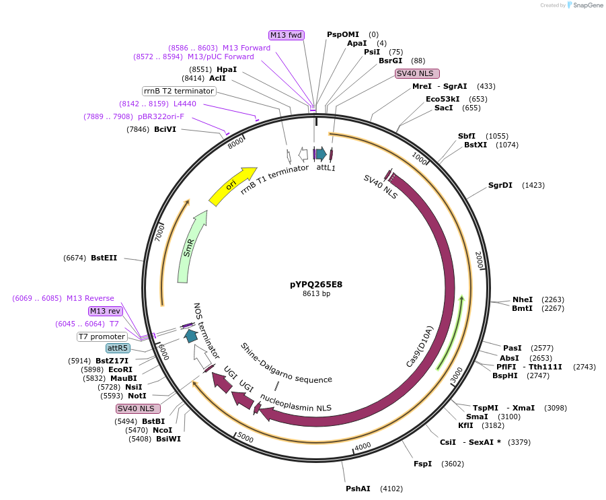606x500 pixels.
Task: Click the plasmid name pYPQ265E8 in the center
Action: pyautogui.click(x=316, y=284)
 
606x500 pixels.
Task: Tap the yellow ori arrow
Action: pyautogui.click(x=232, y=187)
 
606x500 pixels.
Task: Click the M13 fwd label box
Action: pyautogui.click(x=287, y=35)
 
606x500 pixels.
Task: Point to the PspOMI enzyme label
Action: pyautogui.click(x=343, y=34)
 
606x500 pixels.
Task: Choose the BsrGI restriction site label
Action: pyautogui.click(x=390, y=61)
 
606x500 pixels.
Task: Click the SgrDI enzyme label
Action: pyautogui.click(x=500, y=185)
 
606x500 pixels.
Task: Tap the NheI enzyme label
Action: pyautogui.click(x=523, y=299)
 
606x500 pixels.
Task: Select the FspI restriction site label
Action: pyautogui.click(x=423, y=464)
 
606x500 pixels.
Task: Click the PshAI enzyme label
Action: pyautogui.click(x=358, y=489)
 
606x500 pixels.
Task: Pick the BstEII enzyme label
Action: pyautogui.click(x=104, y=258)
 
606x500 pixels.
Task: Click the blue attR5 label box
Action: pyautogui.click(x=118, y=348)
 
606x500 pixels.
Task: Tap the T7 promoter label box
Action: pyautogui.click(x=102, y=336)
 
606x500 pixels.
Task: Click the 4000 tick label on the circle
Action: pyautogui.click(x=363, y=446)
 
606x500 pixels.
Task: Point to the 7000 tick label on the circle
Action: pyautogui.click(x=159, y=233)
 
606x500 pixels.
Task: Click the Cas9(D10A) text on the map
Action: pyautogui.click(x=420, y=346)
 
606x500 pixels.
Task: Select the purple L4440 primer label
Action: pyautogui.click(x=185, y=104)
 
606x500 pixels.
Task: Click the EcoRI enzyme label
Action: pyautogui.click(x=120, y=369)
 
